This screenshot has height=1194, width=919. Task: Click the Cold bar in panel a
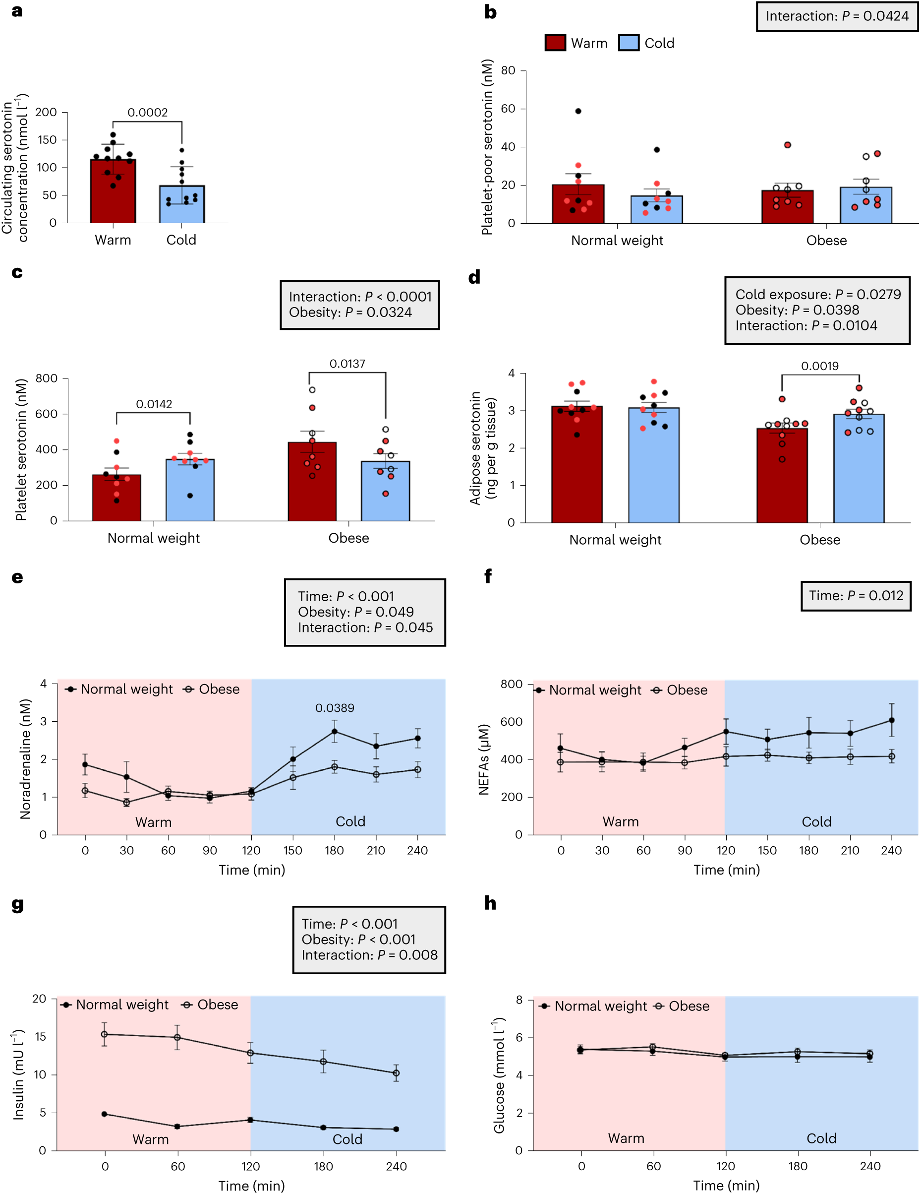point(181,204)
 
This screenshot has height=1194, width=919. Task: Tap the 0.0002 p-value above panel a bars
point(148,113)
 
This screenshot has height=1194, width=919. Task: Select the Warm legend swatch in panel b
point(555,43)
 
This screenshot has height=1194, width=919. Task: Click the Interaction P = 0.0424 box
point(837,16)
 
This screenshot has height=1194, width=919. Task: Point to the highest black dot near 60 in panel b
point(578,111)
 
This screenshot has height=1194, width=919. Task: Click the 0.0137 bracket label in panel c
point(347,364)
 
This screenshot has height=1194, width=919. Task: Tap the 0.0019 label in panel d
point(819,366)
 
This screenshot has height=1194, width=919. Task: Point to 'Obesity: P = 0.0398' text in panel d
point(797,310)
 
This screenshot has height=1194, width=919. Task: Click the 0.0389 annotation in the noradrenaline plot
point(335,708)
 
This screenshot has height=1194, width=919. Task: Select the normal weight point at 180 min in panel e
point(335,732)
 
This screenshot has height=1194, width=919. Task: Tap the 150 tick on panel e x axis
point(293,851)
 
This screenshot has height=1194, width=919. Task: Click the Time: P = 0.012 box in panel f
point(856,595)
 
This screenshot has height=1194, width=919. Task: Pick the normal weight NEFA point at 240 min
point(892,720)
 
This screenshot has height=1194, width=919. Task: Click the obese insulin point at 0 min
point(105,1034)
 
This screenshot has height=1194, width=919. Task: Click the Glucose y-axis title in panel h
point(499,1075)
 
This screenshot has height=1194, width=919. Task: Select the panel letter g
point(17,904)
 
